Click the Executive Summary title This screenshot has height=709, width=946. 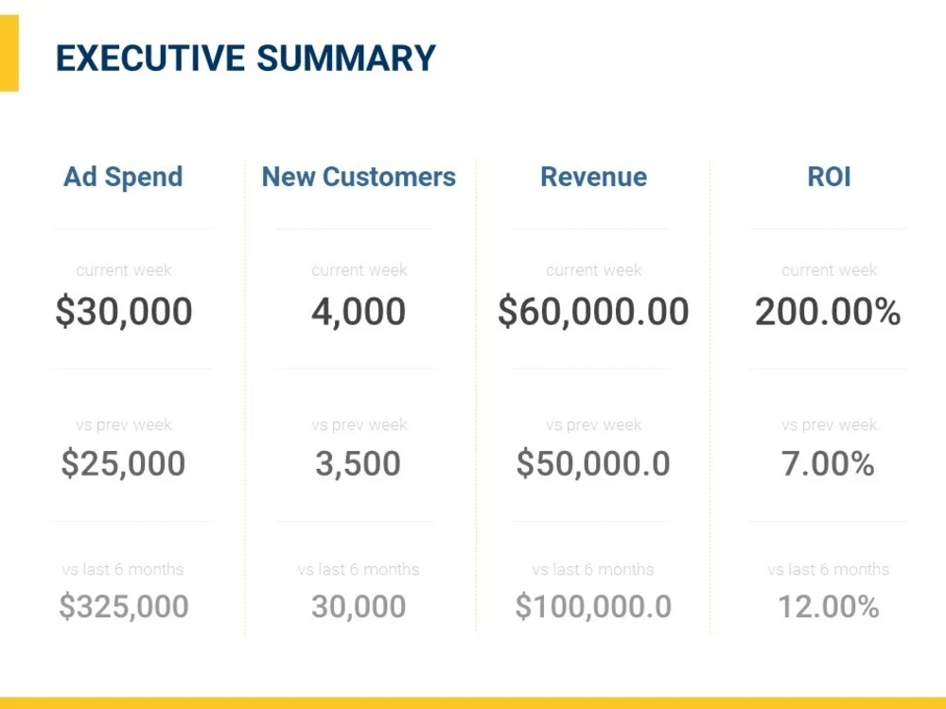(246, 58)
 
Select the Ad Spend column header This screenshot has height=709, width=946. (123, 178)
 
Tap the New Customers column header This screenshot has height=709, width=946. (359, 177)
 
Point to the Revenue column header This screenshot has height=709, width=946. (594, 177)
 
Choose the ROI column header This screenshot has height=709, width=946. (829, 177)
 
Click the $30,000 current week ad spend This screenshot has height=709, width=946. (124, 312)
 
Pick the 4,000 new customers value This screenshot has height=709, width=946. (359, 312)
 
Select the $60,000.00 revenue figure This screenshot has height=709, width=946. (593, 312)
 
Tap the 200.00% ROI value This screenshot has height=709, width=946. (828, 312)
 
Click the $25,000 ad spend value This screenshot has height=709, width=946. (123, 463)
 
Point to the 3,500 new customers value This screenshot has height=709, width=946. (359, 463)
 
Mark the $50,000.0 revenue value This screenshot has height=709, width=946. (593, 463)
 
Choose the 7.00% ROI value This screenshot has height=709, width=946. (828, 463)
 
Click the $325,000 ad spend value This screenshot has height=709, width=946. (124, 606)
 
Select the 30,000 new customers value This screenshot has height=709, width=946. (359, 606)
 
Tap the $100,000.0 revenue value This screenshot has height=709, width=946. (593, 606)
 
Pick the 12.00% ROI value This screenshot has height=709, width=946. (829, 606)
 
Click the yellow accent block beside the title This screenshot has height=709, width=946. (9, 53)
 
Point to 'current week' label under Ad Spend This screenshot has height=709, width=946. (124, 270)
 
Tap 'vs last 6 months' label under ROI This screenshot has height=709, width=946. (829, 569)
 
